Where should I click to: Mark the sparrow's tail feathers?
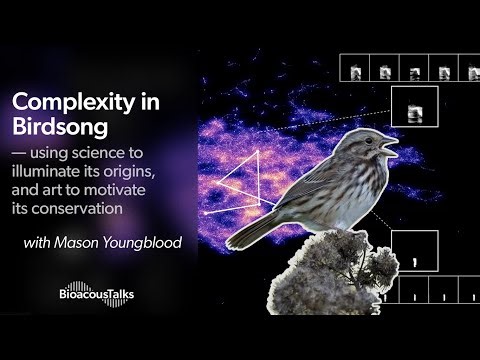pyautogui.click(x=250, y=231)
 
